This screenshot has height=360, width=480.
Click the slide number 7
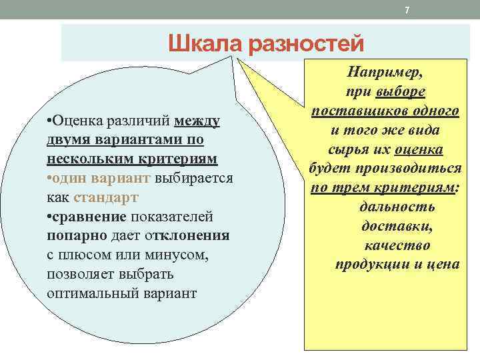[407, 9]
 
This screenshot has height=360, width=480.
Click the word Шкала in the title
[205, 45]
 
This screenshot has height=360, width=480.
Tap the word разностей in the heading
[306, 45]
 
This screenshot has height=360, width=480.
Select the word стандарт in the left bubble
[105, 198]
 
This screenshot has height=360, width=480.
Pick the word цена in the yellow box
[443, 264]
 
